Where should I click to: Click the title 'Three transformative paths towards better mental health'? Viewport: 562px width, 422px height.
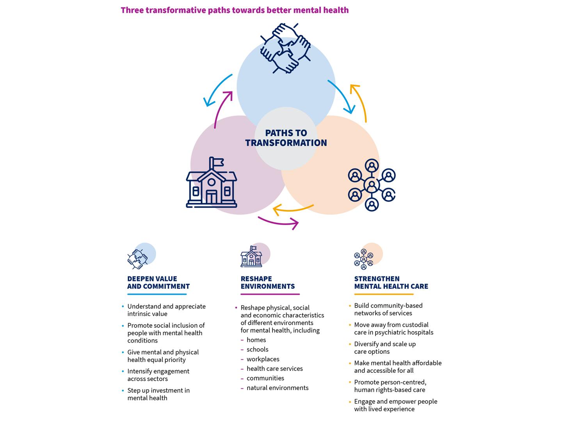(235, 10)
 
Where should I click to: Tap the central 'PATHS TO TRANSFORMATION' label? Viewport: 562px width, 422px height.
(286, 138)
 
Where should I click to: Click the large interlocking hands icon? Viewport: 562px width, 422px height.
(285, 48)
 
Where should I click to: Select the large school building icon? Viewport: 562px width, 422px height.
(212, 184)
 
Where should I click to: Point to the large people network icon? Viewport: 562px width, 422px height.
(372, 185)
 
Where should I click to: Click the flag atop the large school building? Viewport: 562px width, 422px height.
(216, 162)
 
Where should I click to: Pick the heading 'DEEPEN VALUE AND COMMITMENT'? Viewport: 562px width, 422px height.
(158, 283)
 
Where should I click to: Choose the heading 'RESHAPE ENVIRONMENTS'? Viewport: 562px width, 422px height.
(267, 283)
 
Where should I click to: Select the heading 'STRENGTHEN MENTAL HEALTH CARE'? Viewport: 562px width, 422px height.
(391, 283)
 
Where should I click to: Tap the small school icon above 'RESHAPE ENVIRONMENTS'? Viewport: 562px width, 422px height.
(251, 257)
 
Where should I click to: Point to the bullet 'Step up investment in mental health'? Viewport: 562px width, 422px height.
(158, 394)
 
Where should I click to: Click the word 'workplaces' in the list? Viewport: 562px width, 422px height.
(263, 359)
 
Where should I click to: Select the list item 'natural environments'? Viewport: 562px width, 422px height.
(277, 388)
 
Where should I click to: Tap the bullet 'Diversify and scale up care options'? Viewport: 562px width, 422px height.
(385, 348)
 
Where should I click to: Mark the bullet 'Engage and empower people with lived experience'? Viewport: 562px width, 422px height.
(395, 405)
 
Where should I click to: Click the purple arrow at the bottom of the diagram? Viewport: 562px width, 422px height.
(279, 223)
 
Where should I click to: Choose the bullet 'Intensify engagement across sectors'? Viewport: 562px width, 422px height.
(158, 375)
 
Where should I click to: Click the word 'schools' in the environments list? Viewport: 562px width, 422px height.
(257, 349)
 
